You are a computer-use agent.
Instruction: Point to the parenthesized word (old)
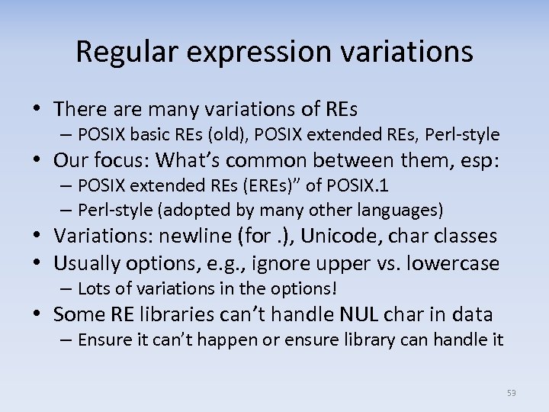coord(228,135)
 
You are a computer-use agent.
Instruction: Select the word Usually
coord(86,263)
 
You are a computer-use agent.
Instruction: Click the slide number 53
coord(511,393)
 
